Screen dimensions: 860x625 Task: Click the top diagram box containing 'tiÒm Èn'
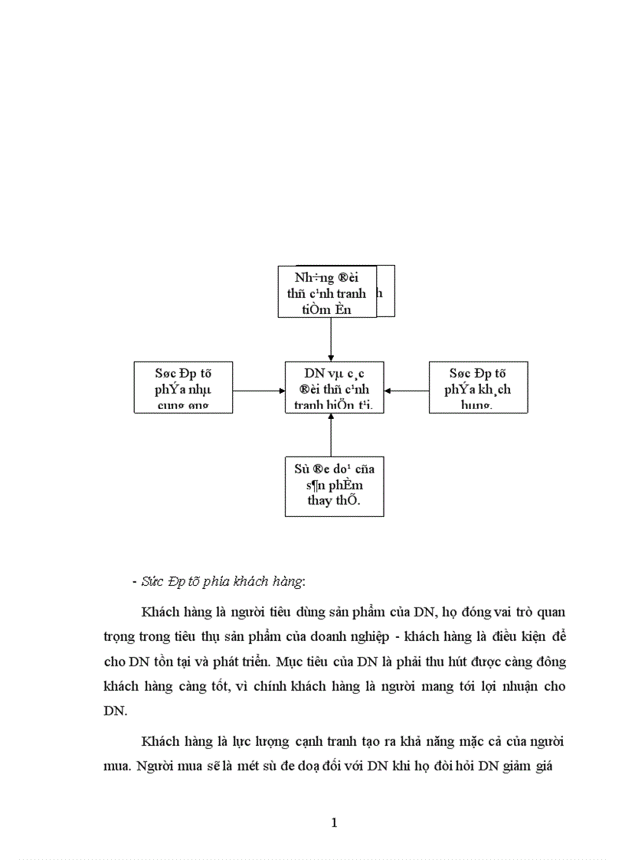[327, 292]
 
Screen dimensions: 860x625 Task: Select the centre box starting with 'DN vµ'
[334, 387]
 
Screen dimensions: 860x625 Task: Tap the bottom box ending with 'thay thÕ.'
[334, 486]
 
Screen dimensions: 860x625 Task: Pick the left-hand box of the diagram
[183, 387]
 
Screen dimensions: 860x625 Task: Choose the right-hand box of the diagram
[479, 387]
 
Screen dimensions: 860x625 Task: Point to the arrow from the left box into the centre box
[258, 391]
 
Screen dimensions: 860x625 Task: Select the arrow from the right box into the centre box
[406, 391]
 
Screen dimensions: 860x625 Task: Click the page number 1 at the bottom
[334, 823]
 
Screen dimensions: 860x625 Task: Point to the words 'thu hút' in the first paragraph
[470, 661]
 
